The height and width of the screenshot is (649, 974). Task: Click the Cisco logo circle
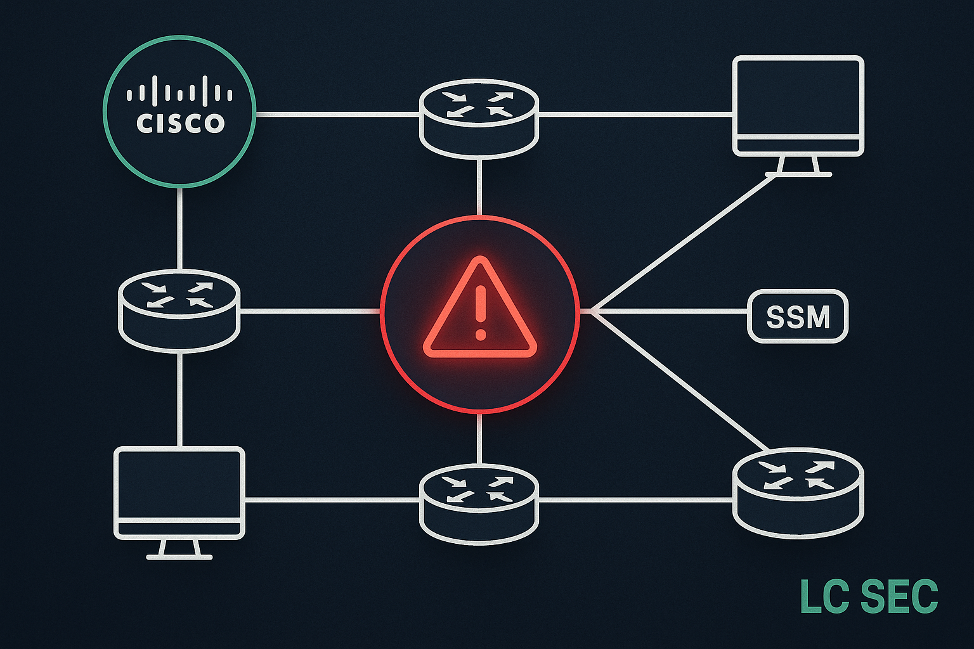(179, 111)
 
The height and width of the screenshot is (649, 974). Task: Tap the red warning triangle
(480, 309)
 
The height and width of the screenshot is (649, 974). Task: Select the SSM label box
(798, 316)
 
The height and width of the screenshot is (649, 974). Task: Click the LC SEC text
(869, 596)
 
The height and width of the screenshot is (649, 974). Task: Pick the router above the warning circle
(479, 118)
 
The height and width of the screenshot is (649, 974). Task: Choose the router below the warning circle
(479, 503)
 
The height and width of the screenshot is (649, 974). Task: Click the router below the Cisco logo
(179, 310)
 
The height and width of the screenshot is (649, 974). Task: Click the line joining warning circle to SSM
(666, 311)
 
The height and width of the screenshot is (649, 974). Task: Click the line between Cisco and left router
(180, 228)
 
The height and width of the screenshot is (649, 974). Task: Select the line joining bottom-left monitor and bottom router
(332, 500)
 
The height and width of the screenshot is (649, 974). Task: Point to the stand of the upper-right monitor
(798, 165)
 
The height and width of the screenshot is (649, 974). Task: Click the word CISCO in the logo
(181, 123)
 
